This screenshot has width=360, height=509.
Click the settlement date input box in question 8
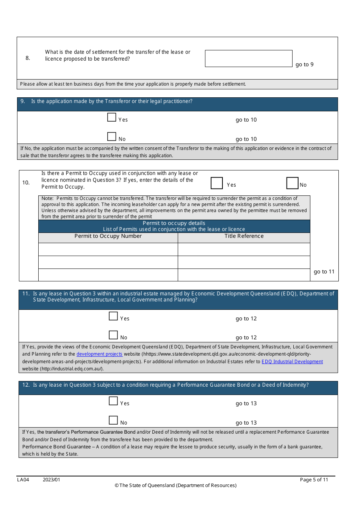(x=249, y=59)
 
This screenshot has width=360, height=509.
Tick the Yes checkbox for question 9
(x=112, y=117)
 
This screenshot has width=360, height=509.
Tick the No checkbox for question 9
(x=112, y=136)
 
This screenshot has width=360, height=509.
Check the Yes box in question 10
(x=217, y=183)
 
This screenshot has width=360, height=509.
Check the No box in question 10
(x=292, y=183)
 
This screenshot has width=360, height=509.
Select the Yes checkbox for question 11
(x=113, y=316)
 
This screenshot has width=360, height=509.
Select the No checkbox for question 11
(x=113, y=335)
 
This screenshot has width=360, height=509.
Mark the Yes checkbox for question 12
(x=113, y=401)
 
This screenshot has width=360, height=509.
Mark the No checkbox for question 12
(x=113, y=420)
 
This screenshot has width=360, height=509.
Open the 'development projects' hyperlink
(x=99, y=354)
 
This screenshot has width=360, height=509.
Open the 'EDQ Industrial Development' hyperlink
(x=292, y=362)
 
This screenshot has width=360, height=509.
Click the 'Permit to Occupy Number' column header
(x=108, y=236)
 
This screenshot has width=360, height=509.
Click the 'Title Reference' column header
(x=244, y=236)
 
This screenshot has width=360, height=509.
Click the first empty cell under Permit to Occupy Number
(x=108, y=249)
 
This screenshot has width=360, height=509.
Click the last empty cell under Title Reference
(x=244, y=275)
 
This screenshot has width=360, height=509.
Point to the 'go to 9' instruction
(x=304, y=64)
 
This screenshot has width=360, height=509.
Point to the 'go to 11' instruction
(x=324, y=272)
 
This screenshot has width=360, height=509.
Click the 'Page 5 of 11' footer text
(x=314, y=479)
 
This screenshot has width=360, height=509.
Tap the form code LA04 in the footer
(x=23, y=479)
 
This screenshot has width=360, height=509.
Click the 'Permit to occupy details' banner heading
(x=174, y=223)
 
